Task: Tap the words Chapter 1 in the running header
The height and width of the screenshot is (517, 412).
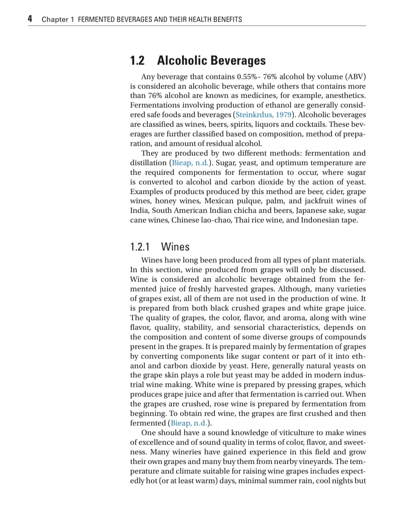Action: [58, 19]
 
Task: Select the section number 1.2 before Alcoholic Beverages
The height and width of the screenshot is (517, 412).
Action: [137, 61]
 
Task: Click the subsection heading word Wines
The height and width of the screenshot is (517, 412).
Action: [175, 247]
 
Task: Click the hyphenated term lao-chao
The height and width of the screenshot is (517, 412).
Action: [215, 220]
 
